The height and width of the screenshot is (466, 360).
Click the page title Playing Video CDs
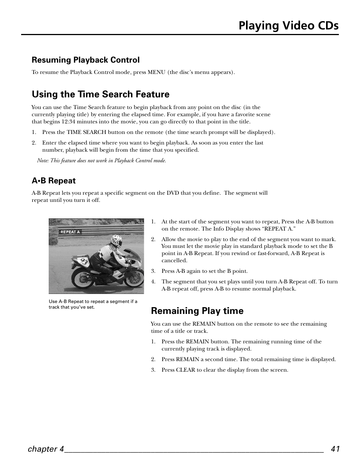pyautogui.click(x=288, y=25)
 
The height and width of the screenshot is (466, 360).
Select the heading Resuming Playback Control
pyautogui.click(x=86, y=60)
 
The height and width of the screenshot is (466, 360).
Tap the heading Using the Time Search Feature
pyautogui.click(x=100, y=94)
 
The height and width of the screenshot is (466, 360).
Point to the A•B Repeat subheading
pyautogui.click(x=54, y=181)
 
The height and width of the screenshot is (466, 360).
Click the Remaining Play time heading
pyautogui.click(x=197, y=311)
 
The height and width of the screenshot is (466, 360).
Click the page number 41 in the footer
pyautogui.click(x=335, y=449)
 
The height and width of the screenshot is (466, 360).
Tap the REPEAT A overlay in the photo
pyautogui.click(x=70, y=232)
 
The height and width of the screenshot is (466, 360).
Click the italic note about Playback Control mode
pyautogui.click(x=102, y=160)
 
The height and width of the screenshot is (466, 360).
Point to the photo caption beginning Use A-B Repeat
pyautogui.click(x=93, y=304)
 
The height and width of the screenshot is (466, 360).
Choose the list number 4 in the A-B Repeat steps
pyautogui.click(x=153, y=281)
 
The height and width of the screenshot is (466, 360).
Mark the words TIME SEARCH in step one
pyautogui.click(x=86, y=132)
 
